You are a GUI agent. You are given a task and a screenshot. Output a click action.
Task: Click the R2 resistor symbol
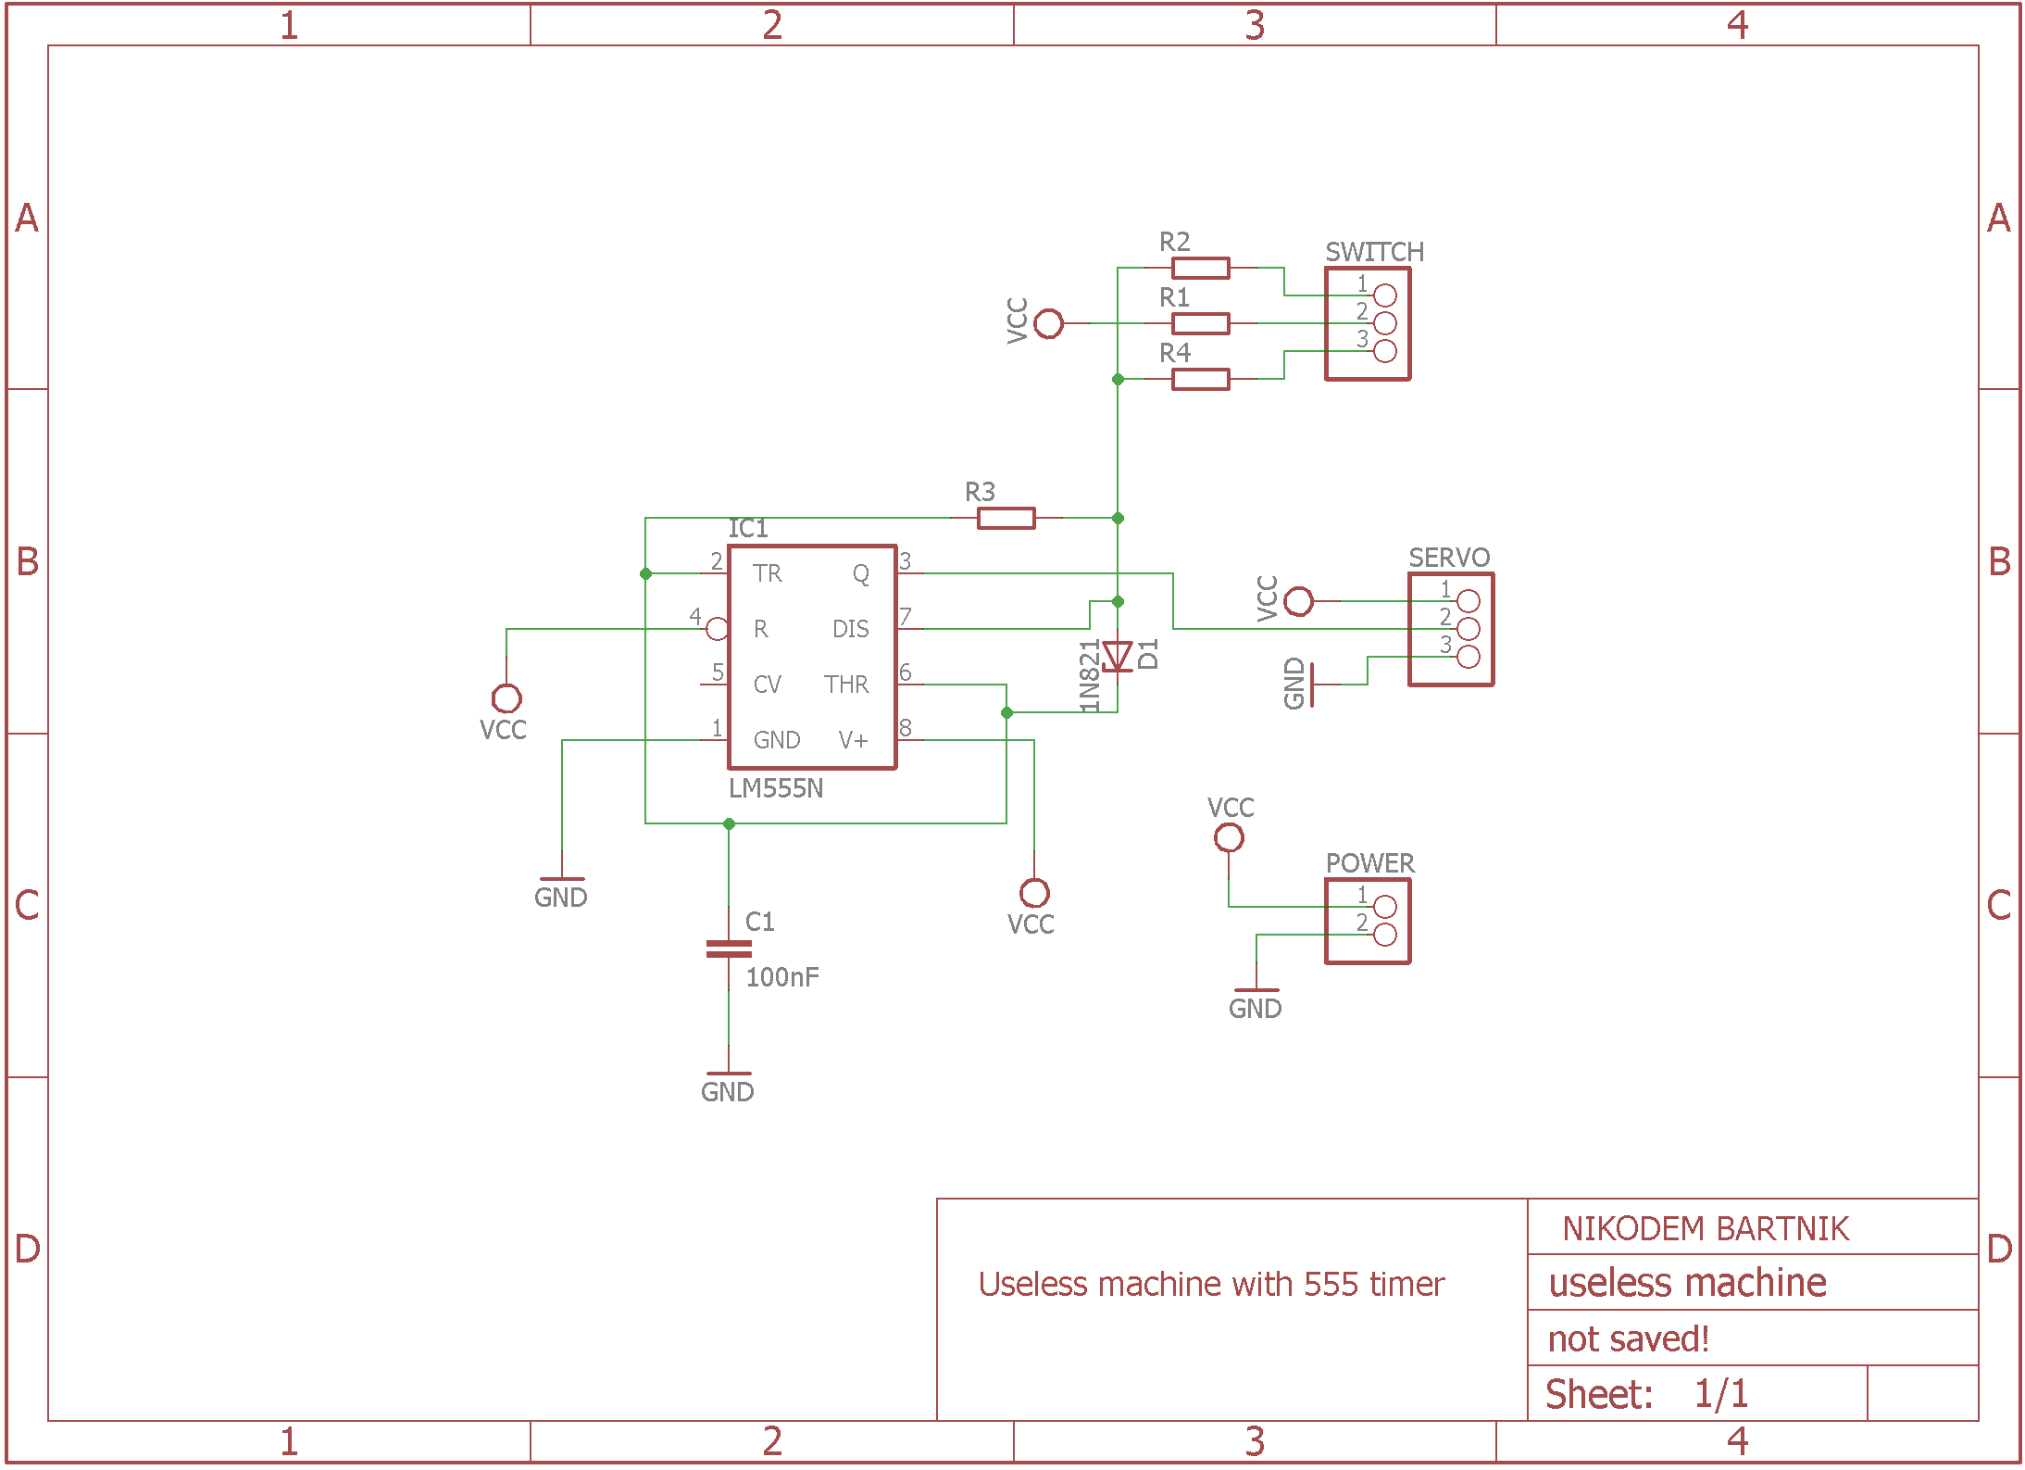(x=1200, y=269)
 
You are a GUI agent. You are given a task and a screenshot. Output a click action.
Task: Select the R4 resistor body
(x=1200, y=379)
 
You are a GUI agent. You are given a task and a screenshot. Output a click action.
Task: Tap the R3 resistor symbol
(x=1006, y=519)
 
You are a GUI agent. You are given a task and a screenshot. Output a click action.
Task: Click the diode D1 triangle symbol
(x=1118, y=656)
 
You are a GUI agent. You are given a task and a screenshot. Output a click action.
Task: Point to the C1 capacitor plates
(x=729, y=949)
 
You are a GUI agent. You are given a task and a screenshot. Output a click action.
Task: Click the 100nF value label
(x=782, y=977)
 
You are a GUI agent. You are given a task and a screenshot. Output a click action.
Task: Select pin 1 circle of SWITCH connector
(x=1385, y=295)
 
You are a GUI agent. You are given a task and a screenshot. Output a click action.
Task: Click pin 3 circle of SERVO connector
(x=1469, y=657)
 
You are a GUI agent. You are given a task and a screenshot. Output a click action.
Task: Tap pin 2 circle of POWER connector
(x=1385, y=935)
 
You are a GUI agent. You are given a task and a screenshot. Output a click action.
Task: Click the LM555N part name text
(x=776, y=788)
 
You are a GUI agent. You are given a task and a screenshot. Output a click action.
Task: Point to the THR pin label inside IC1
(x=846, y=685)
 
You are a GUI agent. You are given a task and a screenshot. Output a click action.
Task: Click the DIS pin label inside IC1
(x=850, y=629)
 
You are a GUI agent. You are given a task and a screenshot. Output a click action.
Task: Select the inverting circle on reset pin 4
(x=717, y=630)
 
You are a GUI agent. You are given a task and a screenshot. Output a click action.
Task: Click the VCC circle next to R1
(x=1048, y=324)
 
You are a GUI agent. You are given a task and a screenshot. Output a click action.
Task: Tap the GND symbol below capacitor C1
(x=728, y=1084)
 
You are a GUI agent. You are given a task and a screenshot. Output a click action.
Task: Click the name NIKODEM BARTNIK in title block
(x=1706, y=1229)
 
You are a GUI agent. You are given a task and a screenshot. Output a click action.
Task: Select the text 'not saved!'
(x=1628, y=1339)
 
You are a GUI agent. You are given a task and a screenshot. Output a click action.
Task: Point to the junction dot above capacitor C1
(x=729, y=823)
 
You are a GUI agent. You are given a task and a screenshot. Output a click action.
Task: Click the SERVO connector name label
(x=1449, y=558)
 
